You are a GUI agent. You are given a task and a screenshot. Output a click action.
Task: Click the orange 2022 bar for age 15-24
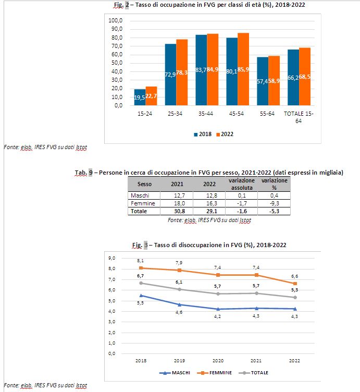(151, 96)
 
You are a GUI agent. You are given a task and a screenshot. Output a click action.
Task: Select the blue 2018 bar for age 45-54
(232, 71)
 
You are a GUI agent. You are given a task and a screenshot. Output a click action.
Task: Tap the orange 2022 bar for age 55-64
(274, 80)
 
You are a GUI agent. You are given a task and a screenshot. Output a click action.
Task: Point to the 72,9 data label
(170, 75)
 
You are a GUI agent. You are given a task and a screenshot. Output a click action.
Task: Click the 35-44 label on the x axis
(206, 114)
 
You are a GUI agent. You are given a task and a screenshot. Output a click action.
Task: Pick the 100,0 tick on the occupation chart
(116, 20)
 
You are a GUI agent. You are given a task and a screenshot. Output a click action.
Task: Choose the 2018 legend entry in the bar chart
(203, 134)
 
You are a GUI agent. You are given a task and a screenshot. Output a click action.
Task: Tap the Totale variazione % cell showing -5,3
(274, 211)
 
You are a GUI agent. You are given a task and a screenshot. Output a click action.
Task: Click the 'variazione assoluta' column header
(242, 184)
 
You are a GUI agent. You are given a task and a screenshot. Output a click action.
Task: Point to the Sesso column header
(144, 184)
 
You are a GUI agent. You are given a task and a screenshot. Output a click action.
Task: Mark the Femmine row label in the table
(143, 203)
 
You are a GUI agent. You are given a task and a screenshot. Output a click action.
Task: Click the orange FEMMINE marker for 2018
(141, 268)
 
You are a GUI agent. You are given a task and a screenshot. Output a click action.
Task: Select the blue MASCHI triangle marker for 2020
(218, 309)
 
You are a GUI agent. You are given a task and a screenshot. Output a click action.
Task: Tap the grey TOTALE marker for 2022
(295, 298)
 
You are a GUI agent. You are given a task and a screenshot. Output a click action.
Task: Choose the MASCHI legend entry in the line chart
(175, 373)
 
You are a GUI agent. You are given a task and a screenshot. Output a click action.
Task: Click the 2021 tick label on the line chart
(256, 361)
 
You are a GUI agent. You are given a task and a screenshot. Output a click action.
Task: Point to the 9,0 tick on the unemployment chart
(111, 258)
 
